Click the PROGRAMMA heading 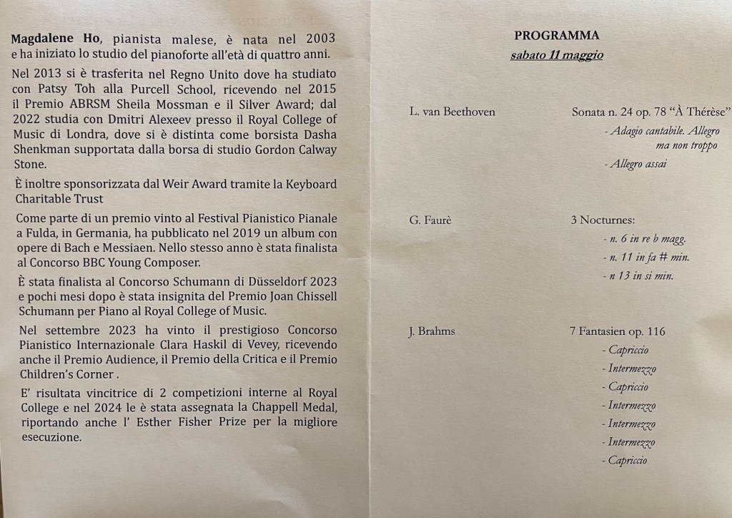pos(556,36)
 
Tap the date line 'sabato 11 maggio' pos(556,55)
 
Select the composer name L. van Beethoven pos(452,112)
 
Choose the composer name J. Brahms pos(432,331)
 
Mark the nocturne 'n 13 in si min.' pos(640,276)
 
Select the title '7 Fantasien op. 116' pos(618,331)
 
